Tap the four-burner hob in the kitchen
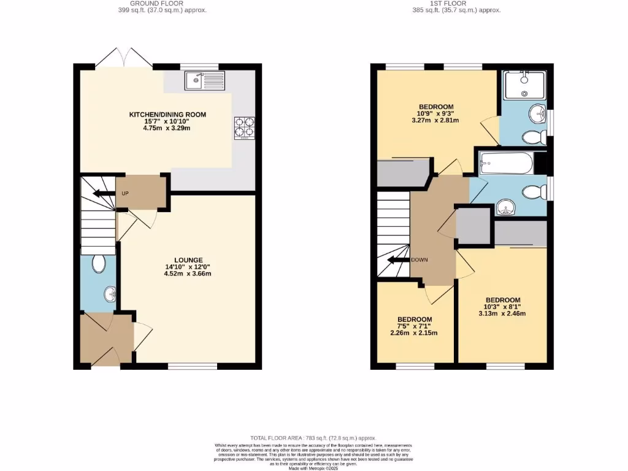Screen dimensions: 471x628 tap(244, 126)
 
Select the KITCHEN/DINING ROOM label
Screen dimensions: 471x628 tap(167, 114)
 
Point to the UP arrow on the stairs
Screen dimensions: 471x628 tap(98, 194)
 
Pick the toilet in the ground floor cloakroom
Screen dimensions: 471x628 tap(98, 264)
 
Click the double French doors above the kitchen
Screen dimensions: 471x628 tap(124, 59)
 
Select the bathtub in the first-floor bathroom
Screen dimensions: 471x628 tap(505, 164)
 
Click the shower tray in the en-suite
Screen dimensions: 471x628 tap(524, 85)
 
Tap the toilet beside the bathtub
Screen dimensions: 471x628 tap(534, 193)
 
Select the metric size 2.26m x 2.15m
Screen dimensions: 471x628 tap(414, 333)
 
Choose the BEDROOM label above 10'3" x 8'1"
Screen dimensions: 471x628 tap(502, 293)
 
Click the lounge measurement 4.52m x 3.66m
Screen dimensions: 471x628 tap(187, 274)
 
